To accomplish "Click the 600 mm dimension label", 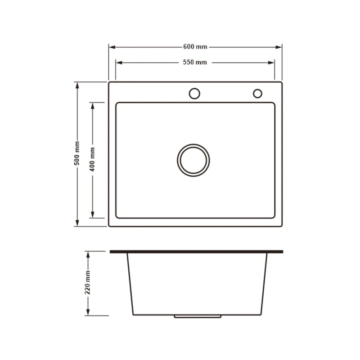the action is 195,47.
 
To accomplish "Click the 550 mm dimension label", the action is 195,62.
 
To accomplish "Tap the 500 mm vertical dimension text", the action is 77,153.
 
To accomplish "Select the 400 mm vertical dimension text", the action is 92,159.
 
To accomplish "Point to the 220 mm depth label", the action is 87,282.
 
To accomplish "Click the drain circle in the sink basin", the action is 193,144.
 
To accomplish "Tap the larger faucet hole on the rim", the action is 194,88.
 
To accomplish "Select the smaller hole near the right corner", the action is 257,89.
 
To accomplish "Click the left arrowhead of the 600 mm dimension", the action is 112,47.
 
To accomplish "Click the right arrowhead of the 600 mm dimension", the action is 279,47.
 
